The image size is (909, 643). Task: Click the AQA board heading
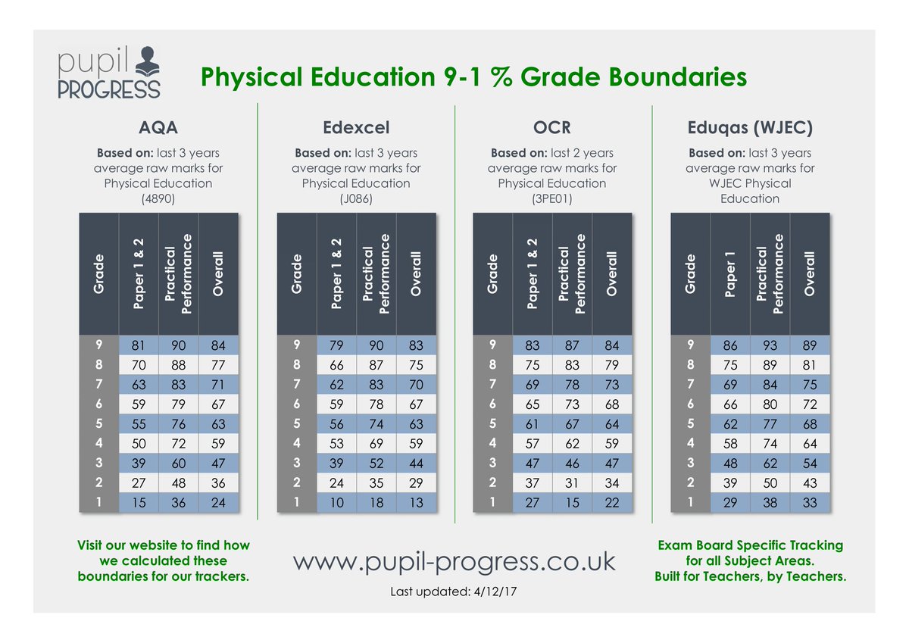pos(158,127)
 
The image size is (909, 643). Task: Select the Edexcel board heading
pos(356,127)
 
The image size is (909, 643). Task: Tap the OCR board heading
pos(552,127)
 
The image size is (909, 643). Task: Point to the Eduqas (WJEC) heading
pos(750,128)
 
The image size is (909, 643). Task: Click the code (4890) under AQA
pos(158,198)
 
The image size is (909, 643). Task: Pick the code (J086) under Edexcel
pos(356,198)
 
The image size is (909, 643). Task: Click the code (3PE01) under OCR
pos(552,198)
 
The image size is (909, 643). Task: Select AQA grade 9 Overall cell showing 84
pos(218,345)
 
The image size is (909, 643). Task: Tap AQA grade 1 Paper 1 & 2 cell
pos(139,503)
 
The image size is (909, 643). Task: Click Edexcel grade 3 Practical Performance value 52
pos(376,464)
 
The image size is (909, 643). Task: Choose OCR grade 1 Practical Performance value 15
pos(572,503)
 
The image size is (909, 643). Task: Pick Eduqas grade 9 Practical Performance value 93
pos(770,345)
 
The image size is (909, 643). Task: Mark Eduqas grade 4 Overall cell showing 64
pos(810,443)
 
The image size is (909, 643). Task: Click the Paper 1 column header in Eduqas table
pos(730,274)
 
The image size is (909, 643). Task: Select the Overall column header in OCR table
pos(611,274)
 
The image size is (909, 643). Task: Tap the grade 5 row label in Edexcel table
pos(297,423)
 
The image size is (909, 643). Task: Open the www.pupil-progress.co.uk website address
pos(454,562)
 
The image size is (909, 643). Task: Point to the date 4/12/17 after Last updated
pos(495,591)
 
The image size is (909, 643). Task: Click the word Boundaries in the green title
pos(678,76)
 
